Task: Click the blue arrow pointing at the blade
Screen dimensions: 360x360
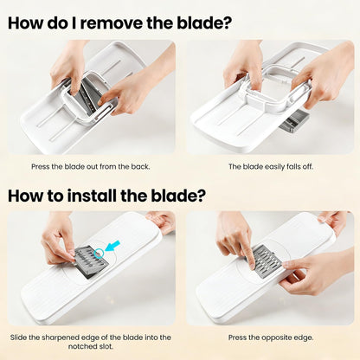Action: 112,246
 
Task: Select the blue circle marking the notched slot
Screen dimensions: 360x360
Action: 99,253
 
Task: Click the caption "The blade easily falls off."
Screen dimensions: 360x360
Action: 271,166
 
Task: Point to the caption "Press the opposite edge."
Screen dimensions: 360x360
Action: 271,337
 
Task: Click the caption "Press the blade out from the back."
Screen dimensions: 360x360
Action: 91,166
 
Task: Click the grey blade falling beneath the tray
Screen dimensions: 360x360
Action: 294,121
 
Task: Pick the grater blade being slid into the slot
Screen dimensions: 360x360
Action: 90,262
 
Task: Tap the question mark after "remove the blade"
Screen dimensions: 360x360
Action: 228,23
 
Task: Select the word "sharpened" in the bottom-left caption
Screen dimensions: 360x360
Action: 59,337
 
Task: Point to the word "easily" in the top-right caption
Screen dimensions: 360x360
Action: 274,167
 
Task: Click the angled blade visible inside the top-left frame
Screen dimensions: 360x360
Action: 87,93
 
